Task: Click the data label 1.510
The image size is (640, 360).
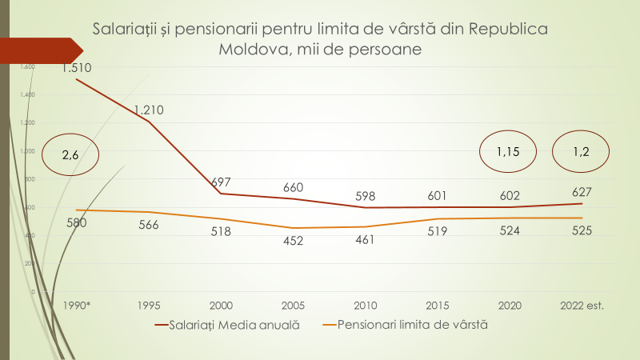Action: [77, 68]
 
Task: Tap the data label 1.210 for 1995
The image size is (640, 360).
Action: [149, 110]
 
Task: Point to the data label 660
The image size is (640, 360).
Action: [294, 188]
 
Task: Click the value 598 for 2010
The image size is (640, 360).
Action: [366, 197]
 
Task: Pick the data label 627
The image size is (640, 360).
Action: [582, 192]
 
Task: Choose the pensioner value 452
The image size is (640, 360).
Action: [294, 241]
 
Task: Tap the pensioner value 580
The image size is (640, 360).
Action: [77, 222]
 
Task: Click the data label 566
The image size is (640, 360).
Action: [149, 225]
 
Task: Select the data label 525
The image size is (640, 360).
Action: [582, 231]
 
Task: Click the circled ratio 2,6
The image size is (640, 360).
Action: [70, 155]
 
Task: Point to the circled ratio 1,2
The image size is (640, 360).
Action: [582, 150]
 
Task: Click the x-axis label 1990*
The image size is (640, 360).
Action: [77, 305]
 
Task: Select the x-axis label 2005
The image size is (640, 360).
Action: [294, 305]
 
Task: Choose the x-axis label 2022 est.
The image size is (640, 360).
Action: [582, 305]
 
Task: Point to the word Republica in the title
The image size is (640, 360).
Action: [509, 30]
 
